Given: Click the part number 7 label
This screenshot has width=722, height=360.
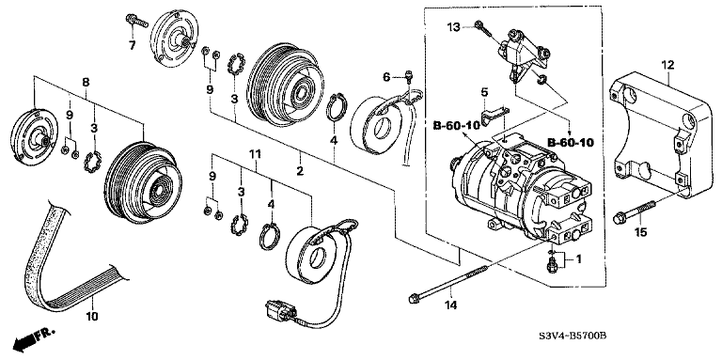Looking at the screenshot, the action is tap(133, 45).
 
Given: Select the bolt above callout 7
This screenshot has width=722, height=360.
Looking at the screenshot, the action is tap(136, 21).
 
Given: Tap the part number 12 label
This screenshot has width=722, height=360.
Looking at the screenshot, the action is tap(667, 65).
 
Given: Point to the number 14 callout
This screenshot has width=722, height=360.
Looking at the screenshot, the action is tap(451, 305).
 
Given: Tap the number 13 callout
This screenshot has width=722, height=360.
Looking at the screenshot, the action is tap(454, 27).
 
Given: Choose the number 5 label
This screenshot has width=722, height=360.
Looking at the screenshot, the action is tap(484, 92).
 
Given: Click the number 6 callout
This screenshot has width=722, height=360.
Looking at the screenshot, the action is tap(386, 77).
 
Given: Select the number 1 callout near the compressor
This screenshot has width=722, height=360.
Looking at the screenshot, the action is tap(578, 260).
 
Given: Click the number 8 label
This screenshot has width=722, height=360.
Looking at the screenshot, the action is tap(86, 82).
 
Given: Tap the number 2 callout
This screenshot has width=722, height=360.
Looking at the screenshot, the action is tap(300, 171).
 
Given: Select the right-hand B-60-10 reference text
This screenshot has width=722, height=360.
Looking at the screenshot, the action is tap(571, 143).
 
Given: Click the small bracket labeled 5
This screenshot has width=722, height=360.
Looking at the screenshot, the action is tap(494, 116).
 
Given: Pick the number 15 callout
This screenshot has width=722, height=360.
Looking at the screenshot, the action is tap(641, 233).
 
